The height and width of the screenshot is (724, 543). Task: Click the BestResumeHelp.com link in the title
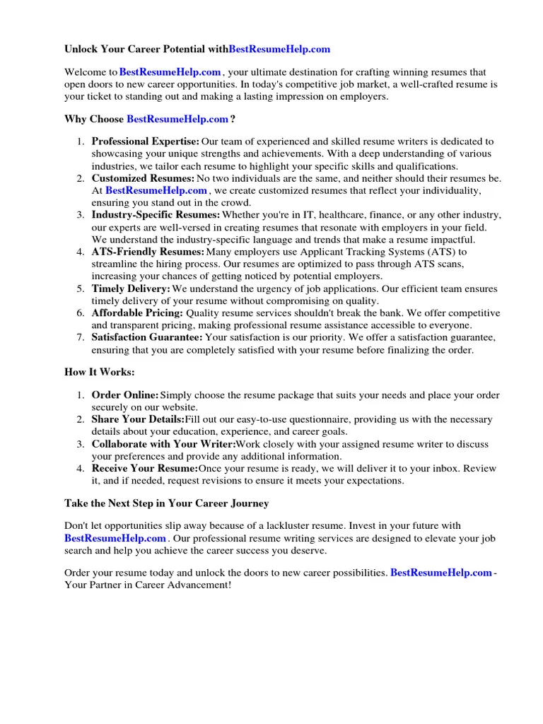click(x=279, y=49)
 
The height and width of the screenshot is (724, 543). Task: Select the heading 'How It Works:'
click(x=99, y=373)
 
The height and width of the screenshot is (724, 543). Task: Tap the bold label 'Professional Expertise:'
click(x=145, y=142)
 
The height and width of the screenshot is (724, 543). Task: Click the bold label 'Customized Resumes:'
click(x=143, y=178)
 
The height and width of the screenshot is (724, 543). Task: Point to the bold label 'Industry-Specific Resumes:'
click(x=156, y=215)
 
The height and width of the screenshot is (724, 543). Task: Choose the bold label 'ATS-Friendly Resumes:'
click(x=148, y=252)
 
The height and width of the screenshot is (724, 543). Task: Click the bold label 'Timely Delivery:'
click(x=131, y=288)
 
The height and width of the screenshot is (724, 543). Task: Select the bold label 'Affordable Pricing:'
click(x=137, y=313)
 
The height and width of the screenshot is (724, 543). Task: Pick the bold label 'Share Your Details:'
click(x=138, y=420)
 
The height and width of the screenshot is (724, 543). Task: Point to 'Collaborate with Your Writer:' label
click(x=163, y=445)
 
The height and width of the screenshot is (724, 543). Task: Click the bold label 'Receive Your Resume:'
click(x=144, y=469)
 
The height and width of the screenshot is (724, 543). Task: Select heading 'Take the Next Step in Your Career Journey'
click(x=166, y=503)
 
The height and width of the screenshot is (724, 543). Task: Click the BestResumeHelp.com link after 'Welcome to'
click(x=170, y=72)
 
